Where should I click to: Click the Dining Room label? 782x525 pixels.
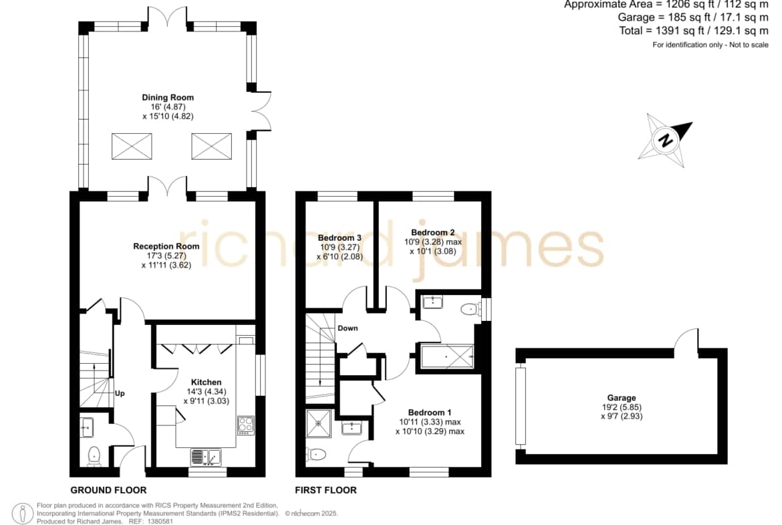pyautogui.click(x=168, y=98)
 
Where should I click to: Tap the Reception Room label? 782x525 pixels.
pyautogui.click(x=166, y=246)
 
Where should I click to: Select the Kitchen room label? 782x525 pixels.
pyautogui.click(x=206, y=383)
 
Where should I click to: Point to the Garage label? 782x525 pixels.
pyautogui.click(x=622, y=398)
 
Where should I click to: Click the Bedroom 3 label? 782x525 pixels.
pyautogui.click(x=339, y=237)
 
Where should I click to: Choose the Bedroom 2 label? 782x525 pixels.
pyautogui.click(x=432, y=232)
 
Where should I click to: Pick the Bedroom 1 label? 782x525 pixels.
pyautogui.click(x=429, y=412)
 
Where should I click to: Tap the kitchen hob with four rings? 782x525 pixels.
pyautogui.click(x=246, y=425)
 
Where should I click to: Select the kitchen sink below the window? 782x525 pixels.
pyautogui.click(x=205, y=457)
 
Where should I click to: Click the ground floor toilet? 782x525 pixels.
pyautogui.click(x=94, y=456)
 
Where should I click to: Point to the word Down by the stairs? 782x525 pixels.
pyautogui.click(x=348, y=328)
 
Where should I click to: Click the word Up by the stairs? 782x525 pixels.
pyautogui.click(x=120, y=393)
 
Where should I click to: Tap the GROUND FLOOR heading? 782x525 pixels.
pyautogui.click(x=108, y=490)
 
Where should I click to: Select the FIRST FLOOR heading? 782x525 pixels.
pyautogui.click(x=325, y=490)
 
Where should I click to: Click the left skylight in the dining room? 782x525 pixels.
pyautogui.click(x=132, y=146)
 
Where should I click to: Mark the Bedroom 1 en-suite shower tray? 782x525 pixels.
pyautogui.click(x=319, y=423)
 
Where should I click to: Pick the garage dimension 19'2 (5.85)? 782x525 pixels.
pyautogui.click(x=622, y=407)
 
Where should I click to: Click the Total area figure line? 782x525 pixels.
pyautogui.click(x=694, y=31)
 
